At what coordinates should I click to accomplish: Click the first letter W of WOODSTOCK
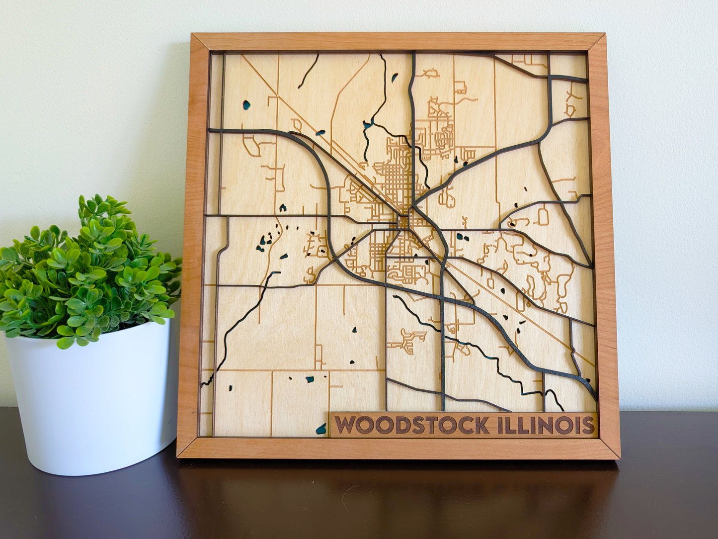345,426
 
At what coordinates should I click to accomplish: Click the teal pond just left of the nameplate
321,428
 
